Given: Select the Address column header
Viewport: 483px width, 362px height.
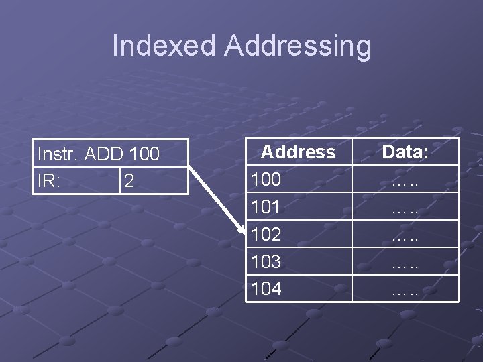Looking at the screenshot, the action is coord(299,152).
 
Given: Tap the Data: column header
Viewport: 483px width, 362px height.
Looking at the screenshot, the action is coord(406,152).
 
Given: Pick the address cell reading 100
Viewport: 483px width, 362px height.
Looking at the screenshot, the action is coord(266,180).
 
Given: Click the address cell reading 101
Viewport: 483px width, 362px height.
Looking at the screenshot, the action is coord(266,207).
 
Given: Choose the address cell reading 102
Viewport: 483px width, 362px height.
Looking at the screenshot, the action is coord(266,235).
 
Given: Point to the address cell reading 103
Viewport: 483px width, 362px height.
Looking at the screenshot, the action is coord(266,261).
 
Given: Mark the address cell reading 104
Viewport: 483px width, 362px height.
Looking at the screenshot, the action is coord(266,289).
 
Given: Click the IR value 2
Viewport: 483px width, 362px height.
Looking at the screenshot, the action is coord(129,182).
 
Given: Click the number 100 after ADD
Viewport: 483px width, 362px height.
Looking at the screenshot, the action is coord(144,155).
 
